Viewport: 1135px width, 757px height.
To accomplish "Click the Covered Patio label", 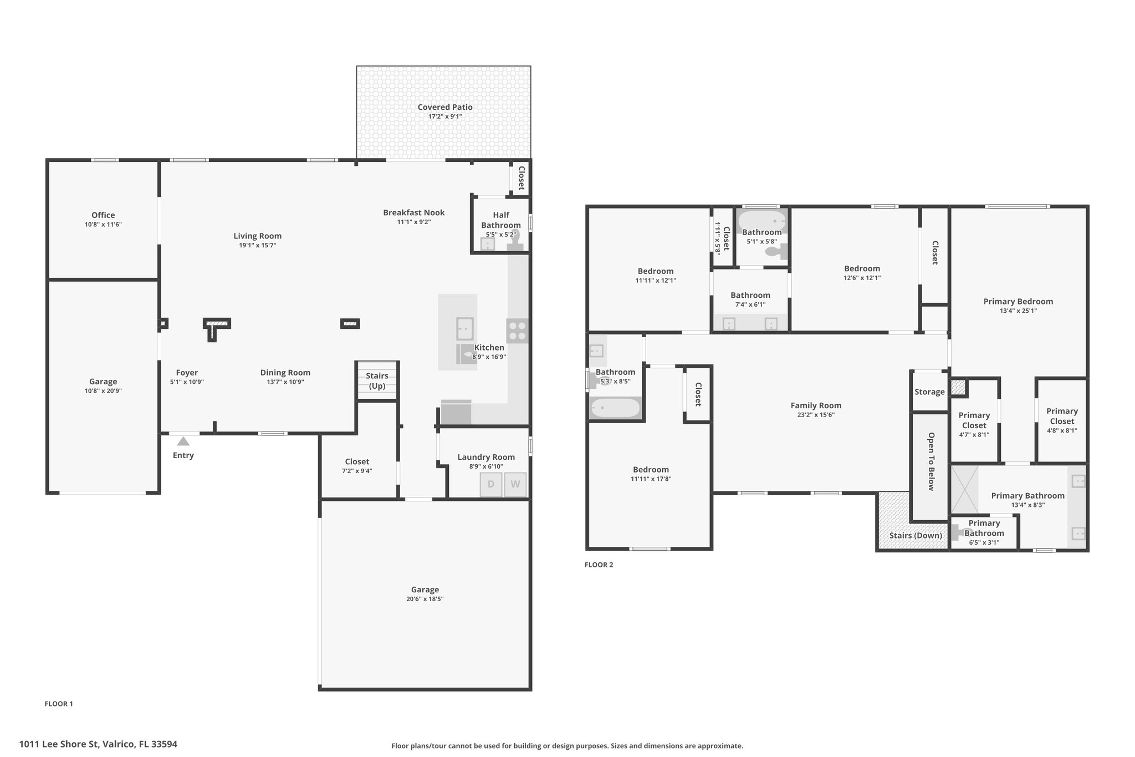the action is click(x=445, y=107).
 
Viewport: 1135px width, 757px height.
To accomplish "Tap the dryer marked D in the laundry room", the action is click(x=491, y=484).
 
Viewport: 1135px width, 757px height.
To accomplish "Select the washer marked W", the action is click(x=515, y=484).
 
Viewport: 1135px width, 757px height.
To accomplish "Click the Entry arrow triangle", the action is click(x=183, y=441).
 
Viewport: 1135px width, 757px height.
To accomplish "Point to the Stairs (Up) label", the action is click(x=377, y=381).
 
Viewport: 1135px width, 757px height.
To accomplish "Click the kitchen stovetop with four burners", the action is click(x=518, y=331).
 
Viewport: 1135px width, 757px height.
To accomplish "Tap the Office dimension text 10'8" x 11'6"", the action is click(x=103, y=225).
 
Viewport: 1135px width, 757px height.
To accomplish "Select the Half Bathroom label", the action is click(x=501, y=220).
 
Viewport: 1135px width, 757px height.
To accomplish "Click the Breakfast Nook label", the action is click(x=414, y=212).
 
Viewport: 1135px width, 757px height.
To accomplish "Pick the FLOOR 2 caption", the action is click(x=599, y=565).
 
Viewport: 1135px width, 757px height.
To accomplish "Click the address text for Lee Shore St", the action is click(x=98, y=744).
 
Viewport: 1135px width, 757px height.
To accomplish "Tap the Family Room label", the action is click(x=816, y=405).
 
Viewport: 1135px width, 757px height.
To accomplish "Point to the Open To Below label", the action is click(x=931, y=461).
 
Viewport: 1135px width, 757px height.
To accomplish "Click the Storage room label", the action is click(x=929, y=392).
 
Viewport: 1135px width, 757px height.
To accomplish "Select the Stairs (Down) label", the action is click(x=916, y=535).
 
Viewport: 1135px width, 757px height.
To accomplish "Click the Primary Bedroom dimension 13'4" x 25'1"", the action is click(x=1018, y=311).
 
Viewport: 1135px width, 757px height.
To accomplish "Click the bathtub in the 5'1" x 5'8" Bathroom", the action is click(x=762, y=220).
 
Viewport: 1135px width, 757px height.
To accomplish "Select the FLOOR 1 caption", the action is click(x=59, y=704).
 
